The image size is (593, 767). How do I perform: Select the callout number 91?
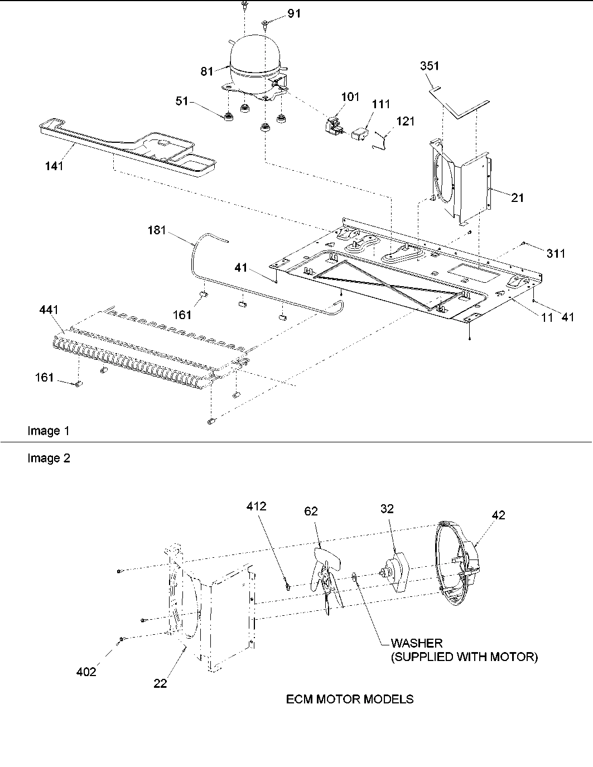(x=294, y=13)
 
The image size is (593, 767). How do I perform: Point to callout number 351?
(x=430, y=66)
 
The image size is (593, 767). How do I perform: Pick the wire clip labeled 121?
(x=379, y=140)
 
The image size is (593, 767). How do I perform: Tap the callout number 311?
(x=556, y=254)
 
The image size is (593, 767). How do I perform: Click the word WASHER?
(x=417, y=644)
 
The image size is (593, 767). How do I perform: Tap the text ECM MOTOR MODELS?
(x=350, y=699)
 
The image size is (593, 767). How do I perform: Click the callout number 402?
(x=86, y=672)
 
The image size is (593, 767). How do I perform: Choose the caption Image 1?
(x=49, y=431)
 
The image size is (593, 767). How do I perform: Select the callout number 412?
(x=257, y=506)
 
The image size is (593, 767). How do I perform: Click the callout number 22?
(x=161, y=683)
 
